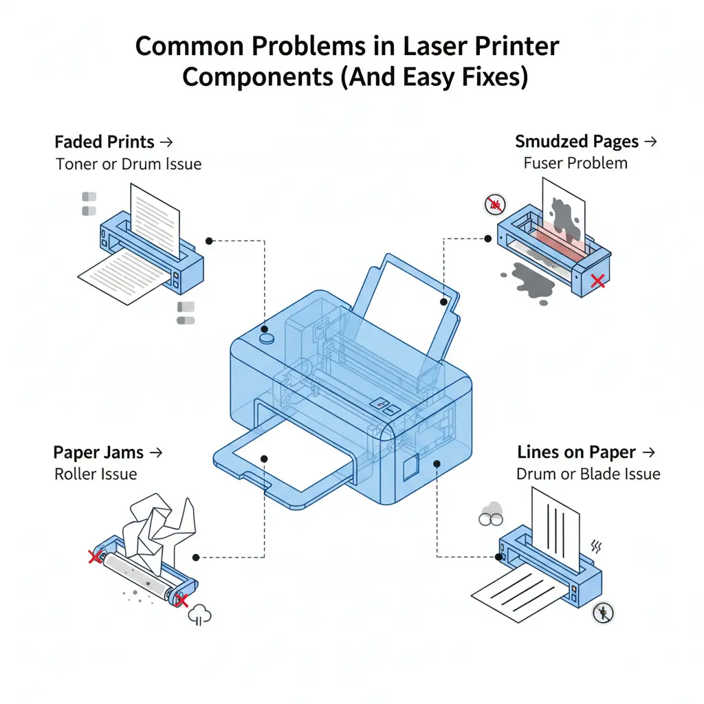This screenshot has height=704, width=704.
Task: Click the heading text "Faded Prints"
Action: click(x=104, y=142)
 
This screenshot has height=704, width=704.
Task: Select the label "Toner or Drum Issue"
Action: click(x=129, y=164)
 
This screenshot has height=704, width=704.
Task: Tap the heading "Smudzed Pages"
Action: click(x=575, y=142)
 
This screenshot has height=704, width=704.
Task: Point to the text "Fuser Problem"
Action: click(x=575, y=163)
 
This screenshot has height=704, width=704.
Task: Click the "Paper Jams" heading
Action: click(x=98, y=452)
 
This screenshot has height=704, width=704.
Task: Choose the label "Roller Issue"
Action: click(x=96, y=474)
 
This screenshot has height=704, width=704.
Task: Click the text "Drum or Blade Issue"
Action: click(x=588, y=474)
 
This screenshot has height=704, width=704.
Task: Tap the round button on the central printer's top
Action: click(x=266, y=338)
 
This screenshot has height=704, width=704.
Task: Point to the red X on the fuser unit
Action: click(x=598, y=280)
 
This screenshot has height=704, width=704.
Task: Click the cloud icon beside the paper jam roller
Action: click(x=200, y=614)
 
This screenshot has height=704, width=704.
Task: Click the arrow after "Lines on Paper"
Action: click(x=648, y=452)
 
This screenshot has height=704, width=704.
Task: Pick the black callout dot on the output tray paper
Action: click(x=265, y=458)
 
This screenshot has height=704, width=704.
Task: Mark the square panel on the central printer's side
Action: click(x=411, y=466)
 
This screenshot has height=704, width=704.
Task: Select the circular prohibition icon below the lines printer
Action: click(x=603, y=613)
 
